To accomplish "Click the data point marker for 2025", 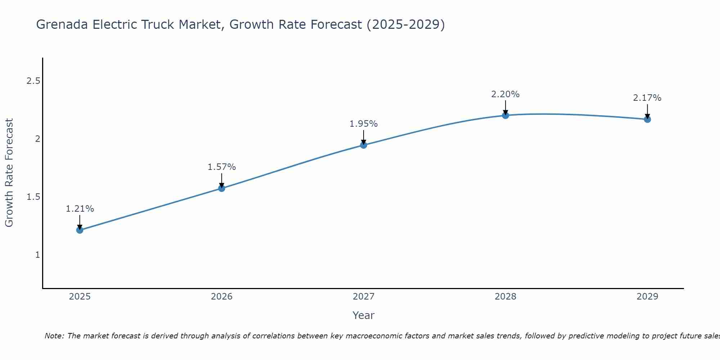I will tap(80, 230).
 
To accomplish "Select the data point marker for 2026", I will tap(222, 188).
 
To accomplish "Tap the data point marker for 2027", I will tap(364, 145).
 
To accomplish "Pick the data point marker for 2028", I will tap(505, 115).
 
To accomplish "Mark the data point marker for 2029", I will tap(647, 119).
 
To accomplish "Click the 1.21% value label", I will tap(80, 209).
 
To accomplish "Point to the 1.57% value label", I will tap(222, 167).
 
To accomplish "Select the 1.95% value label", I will tap(364, 124).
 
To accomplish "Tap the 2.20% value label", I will tap(505, 94).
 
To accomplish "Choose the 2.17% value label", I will tap(647, 98).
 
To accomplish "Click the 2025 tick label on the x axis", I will tap(80, 297).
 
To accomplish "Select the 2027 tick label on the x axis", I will tap(364, 297).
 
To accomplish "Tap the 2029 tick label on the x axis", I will tap(647, 297).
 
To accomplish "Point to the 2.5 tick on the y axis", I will tap(33, 81).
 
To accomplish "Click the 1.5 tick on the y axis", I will tap(33, 197).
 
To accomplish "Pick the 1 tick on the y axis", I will tap(37, 255).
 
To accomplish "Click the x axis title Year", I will tap(364, 315).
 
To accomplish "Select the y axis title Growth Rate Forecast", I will tap(9, 173).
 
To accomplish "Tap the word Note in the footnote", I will tap(54, 336).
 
